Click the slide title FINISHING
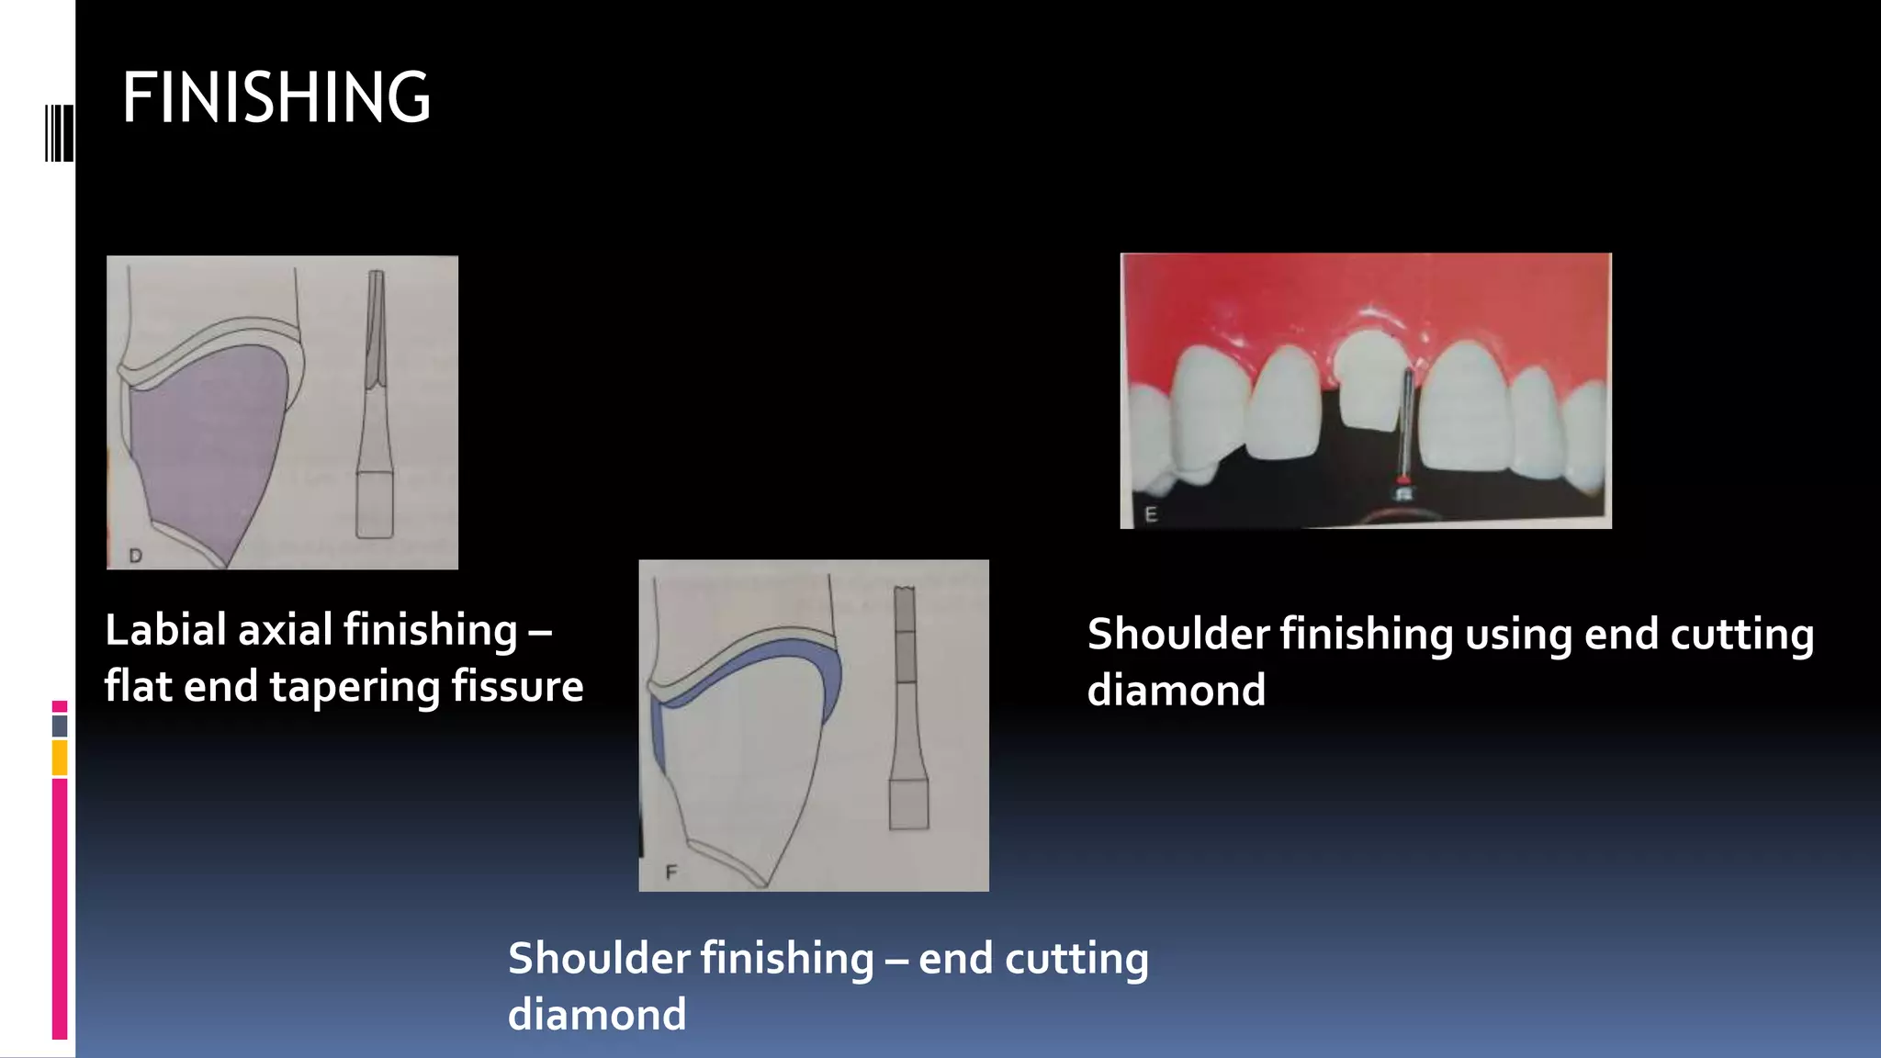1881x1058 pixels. pos(276,97)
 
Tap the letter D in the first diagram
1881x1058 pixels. pos(135,556)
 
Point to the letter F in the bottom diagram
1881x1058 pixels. pos(670,872)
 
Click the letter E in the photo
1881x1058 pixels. pos(1151,514)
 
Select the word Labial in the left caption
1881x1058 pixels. pos(165,631)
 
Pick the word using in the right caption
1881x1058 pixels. pos(1518,636)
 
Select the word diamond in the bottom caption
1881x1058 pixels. pos(597,1015)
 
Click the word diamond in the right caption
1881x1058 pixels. pos(1176,691)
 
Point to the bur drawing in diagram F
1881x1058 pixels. pos(907,707)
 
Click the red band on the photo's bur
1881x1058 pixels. pos(1402,480)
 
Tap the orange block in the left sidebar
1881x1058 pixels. pos(60,759)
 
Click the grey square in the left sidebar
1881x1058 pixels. pos(60,726)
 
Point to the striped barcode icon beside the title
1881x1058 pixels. pos(59,133)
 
